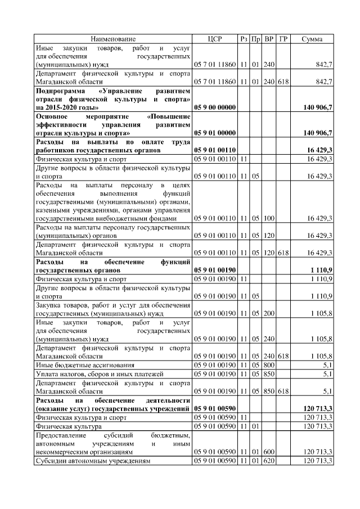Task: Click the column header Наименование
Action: click(113, 39)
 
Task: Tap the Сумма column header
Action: click(312, 39)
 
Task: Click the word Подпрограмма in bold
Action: click(61, 90)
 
